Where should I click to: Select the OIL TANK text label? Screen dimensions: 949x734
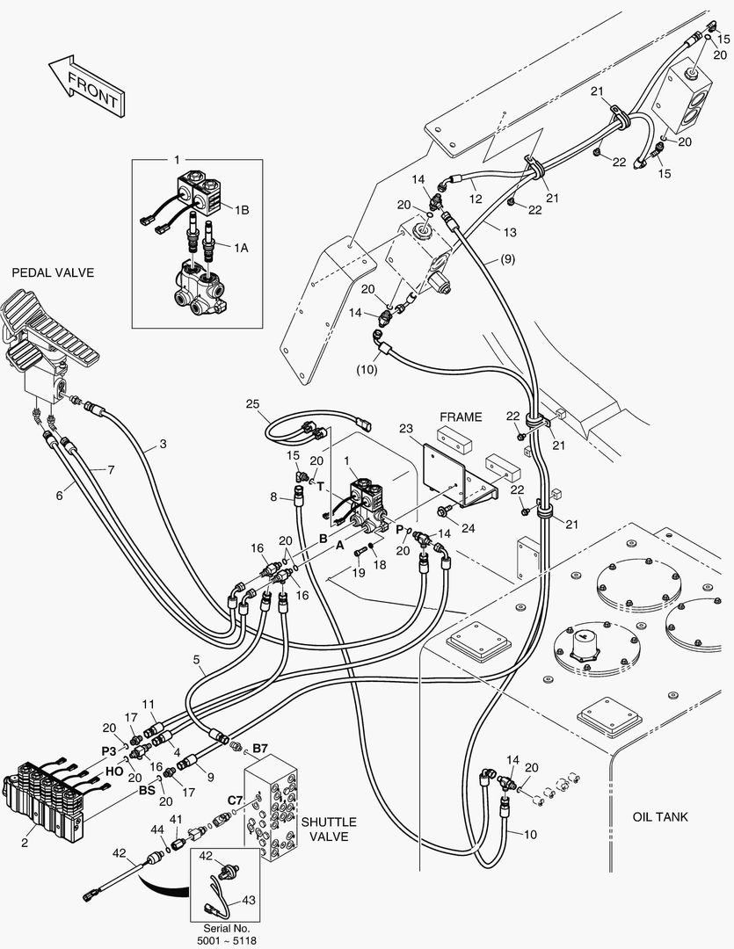coord(660,817)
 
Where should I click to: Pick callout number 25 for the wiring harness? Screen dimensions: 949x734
coord(253,404)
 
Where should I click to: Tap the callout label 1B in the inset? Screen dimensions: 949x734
coord(241,209)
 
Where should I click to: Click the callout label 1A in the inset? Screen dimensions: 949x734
coord(240,249)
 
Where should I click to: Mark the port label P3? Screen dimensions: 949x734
coord(108,750)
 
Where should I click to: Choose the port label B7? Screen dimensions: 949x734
coord(260,748)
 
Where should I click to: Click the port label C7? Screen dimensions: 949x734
coord(235,800)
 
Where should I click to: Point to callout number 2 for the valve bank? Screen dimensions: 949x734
coord(24,844)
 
